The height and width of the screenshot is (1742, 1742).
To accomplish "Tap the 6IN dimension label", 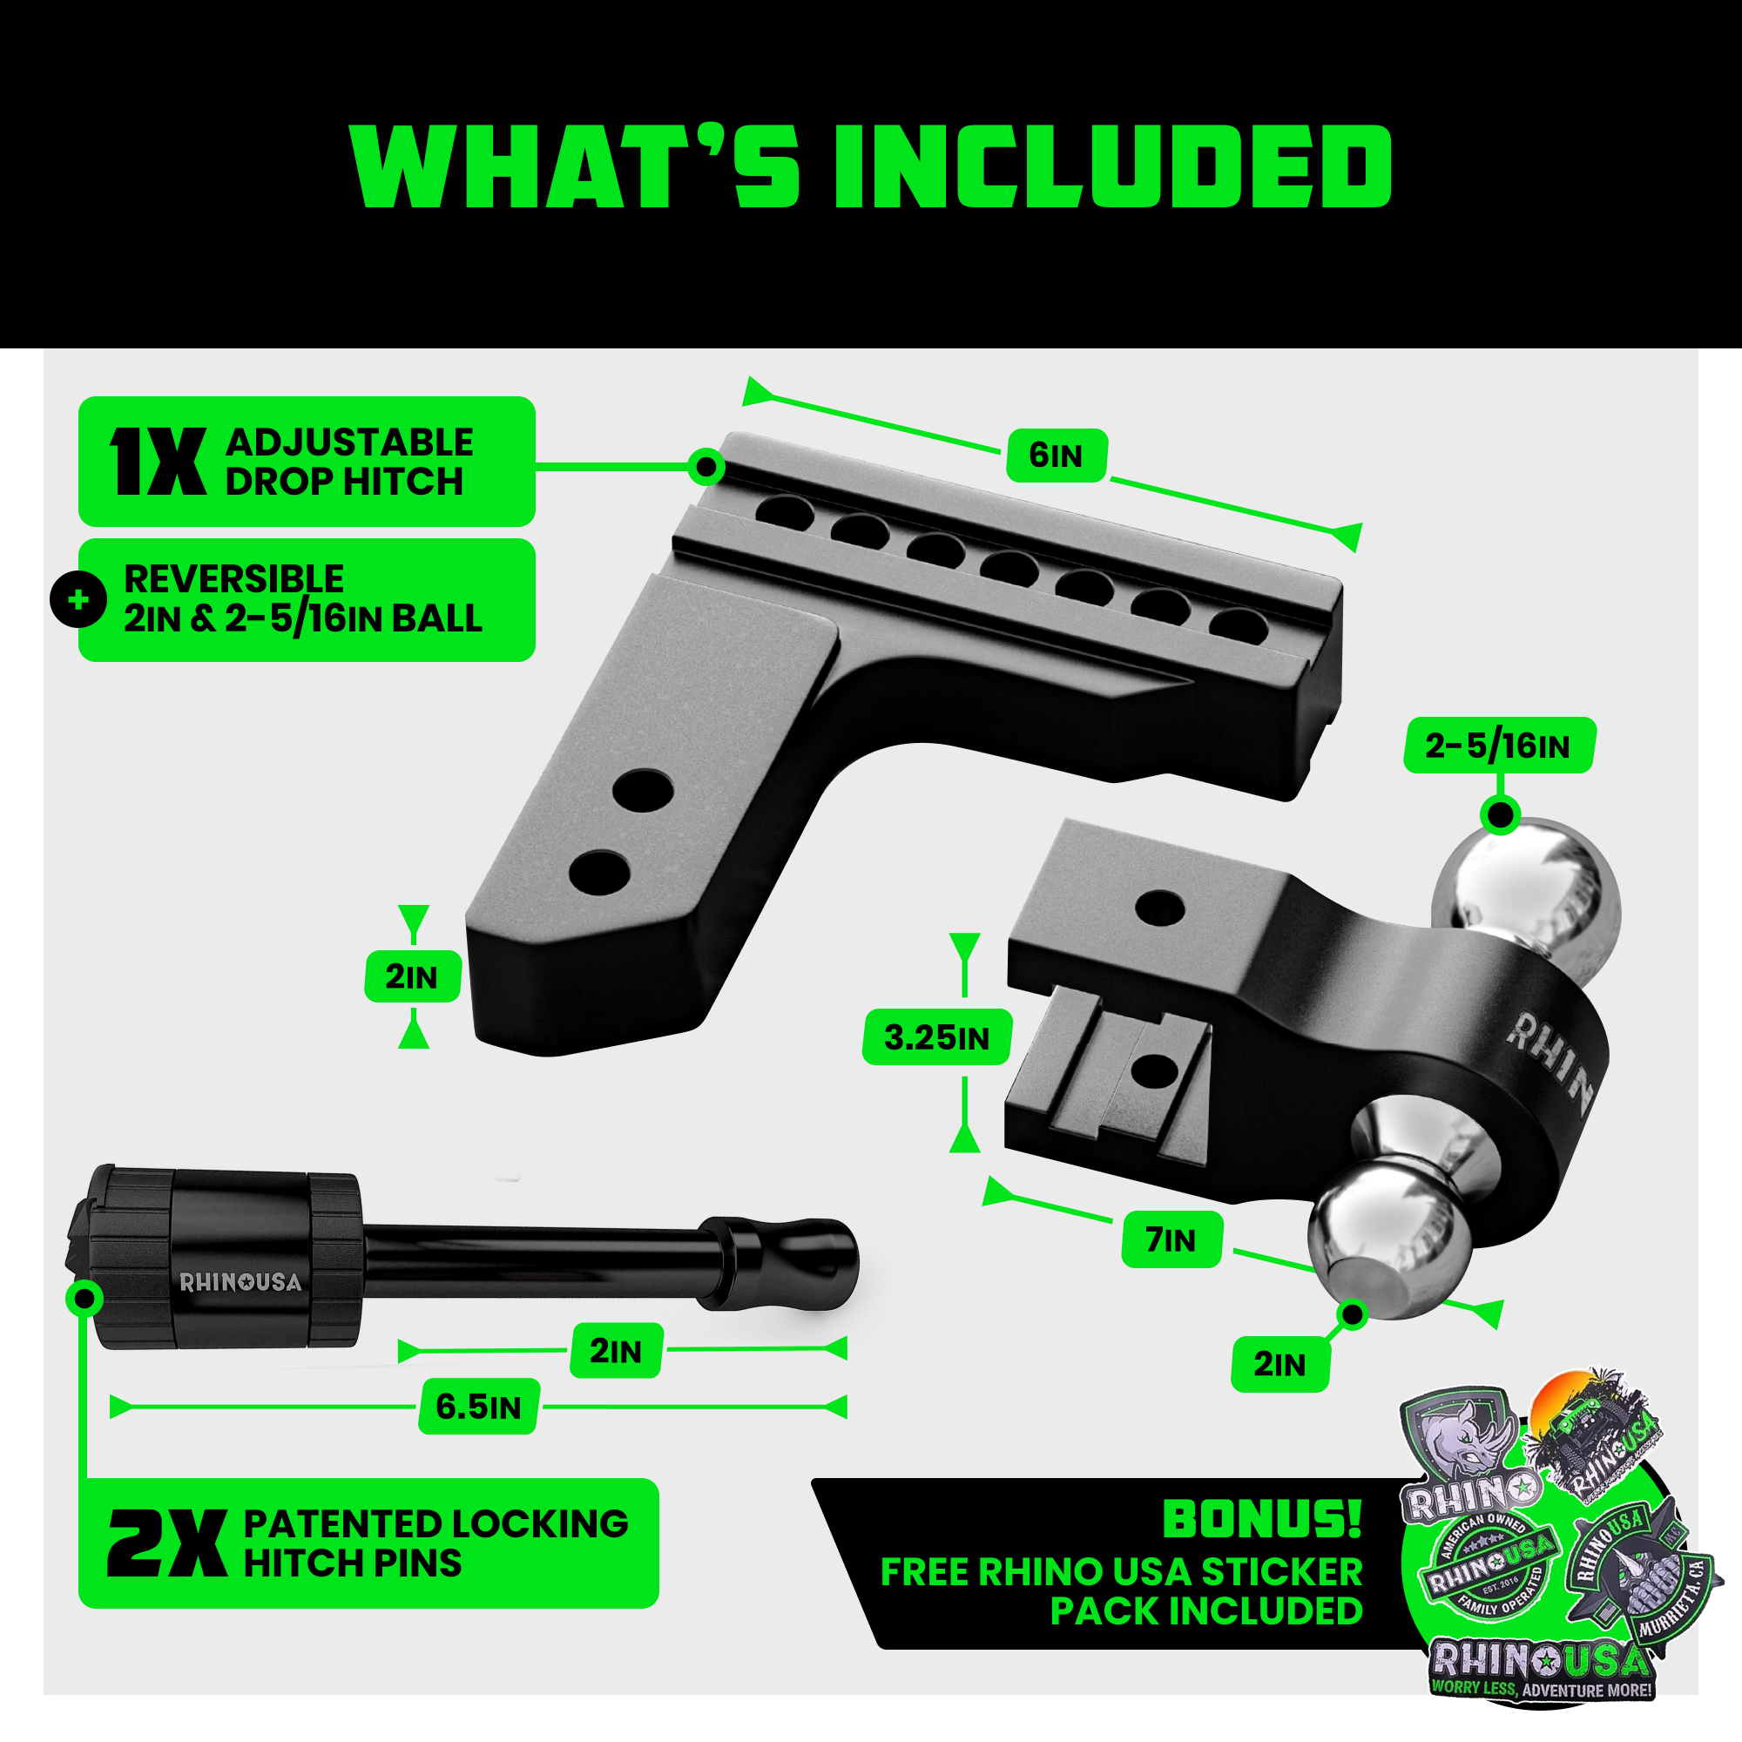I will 1056,456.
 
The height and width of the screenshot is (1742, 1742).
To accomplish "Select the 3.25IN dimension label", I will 936,1038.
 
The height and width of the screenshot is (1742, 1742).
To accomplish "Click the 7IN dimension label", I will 1171,1239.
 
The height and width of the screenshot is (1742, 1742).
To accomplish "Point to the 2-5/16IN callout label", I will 1497,746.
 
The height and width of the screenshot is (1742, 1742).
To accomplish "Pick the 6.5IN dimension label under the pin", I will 478,1407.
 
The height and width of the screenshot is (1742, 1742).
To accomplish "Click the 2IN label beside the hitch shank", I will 412,976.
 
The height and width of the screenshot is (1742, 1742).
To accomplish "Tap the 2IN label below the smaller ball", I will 1279,1364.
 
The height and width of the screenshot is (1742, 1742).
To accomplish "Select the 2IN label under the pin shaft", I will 616,1351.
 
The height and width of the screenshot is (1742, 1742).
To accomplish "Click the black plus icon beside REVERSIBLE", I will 78,599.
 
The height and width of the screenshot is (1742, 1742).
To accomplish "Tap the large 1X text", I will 158,462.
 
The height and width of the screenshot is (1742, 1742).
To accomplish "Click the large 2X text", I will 167,1543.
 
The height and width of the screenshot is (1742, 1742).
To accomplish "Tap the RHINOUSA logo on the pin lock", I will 240,1282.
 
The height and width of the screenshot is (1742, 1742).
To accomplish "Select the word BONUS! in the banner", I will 1262,1518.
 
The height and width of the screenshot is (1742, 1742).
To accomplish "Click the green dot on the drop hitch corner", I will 706,466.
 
